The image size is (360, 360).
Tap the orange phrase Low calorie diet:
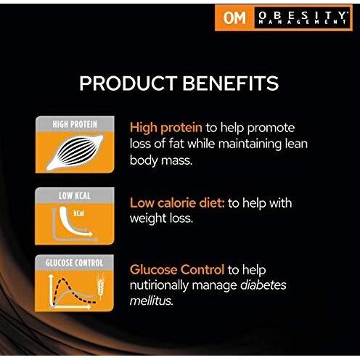coord(177,203)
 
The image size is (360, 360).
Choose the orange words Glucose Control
coord(179,269)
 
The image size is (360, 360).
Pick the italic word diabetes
coord(260,285)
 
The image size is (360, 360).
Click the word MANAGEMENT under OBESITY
coord(302,23)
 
